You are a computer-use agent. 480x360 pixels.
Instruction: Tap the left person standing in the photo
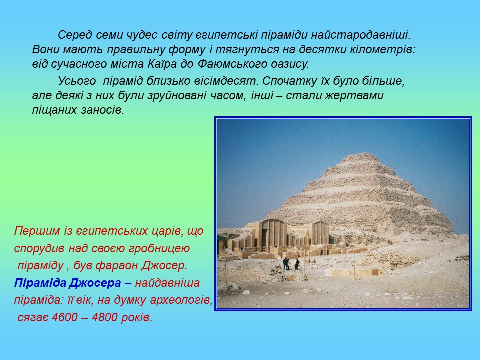[x=286, y=264]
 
